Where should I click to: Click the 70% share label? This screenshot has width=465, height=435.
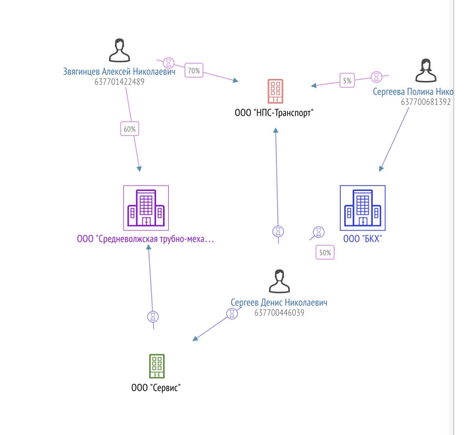194,70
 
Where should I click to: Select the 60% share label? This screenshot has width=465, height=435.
130,129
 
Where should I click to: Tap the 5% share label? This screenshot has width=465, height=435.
347,81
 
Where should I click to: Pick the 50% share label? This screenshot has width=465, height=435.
325,252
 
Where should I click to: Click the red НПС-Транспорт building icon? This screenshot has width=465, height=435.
275,91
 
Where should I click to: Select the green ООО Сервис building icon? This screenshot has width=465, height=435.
157,366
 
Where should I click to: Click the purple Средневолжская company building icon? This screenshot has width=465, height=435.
146,208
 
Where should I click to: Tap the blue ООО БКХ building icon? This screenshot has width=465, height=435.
363,208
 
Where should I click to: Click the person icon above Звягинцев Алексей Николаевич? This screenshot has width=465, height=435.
120,50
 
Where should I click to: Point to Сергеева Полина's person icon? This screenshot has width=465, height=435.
426,70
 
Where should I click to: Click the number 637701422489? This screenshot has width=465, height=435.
120,82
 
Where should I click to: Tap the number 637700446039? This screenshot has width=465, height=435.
279,312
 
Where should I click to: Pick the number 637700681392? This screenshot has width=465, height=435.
426,102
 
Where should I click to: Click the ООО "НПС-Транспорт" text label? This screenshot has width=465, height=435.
274,113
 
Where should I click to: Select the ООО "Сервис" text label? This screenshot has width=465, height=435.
156,388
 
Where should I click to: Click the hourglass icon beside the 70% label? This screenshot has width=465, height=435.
168,63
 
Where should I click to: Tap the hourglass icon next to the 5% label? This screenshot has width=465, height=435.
376,77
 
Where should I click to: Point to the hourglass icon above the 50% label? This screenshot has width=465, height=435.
318,232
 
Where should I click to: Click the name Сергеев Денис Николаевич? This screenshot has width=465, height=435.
279,302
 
